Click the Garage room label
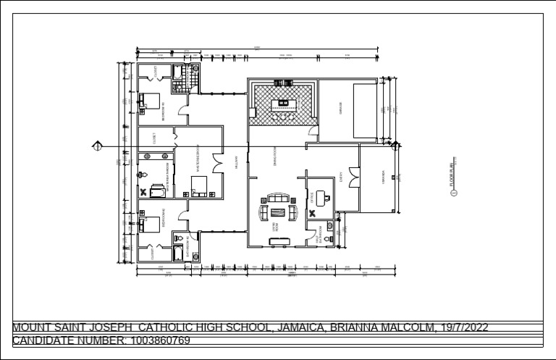[340, 109]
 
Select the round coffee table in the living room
[277, 212]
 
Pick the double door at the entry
[353, 175]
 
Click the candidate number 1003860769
[160, 340]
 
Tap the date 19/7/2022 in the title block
[463, 327]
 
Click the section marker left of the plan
[96, 146]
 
